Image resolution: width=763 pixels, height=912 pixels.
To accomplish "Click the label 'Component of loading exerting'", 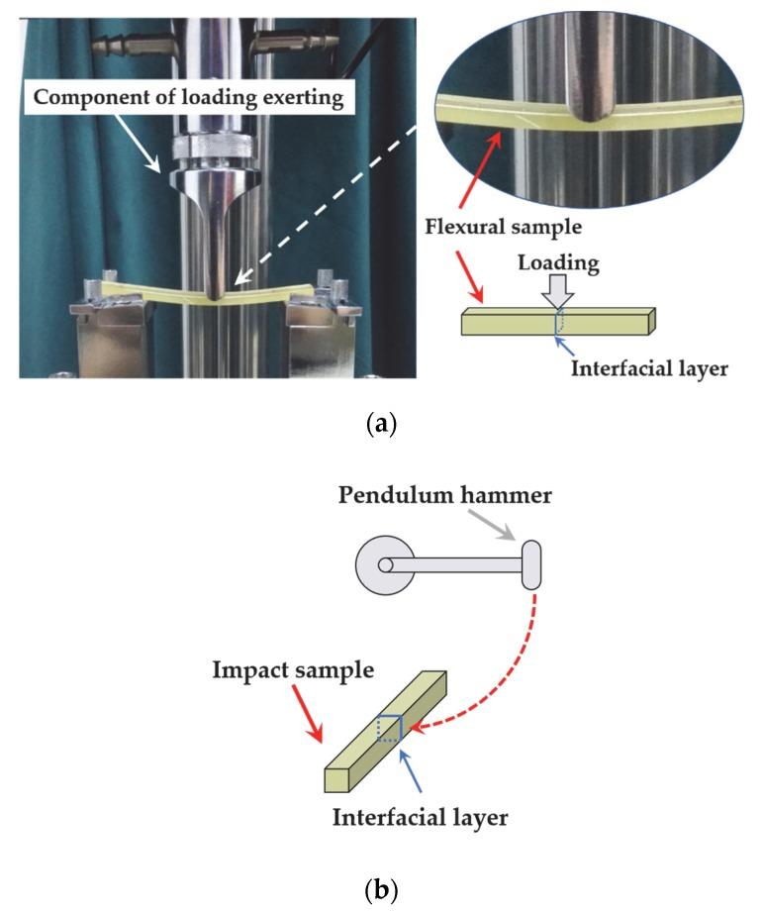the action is tap(188, 97).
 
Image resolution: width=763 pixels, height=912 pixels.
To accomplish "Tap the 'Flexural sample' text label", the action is tap(504, 226).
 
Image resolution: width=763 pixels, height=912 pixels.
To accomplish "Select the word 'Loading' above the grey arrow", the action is tap(558, 262).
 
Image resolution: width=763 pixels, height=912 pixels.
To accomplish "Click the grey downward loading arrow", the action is tap(558, 292).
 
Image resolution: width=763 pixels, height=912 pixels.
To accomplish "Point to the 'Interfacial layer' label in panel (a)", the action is tap(649, 368).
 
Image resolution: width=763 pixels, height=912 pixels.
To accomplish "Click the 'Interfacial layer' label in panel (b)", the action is tap(421, 817).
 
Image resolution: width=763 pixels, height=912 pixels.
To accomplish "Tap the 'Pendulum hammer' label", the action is tap(445, 495).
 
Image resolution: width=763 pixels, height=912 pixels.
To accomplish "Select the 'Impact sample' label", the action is tap(293, 669).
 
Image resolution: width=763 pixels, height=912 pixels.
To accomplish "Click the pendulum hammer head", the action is tap(531, 564).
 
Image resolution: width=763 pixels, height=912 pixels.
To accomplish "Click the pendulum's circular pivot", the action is tap(385, 564).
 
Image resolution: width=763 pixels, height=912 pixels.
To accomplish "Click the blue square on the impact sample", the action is tap(389, 728).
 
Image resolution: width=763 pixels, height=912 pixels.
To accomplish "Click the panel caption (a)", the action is tap(382, 423).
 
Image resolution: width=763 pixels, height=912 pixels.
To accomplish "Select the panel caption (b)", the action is tap(382, 889).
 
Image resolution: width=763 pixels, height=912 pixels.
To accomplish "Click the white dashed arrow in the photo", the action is tap(326, 205).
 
